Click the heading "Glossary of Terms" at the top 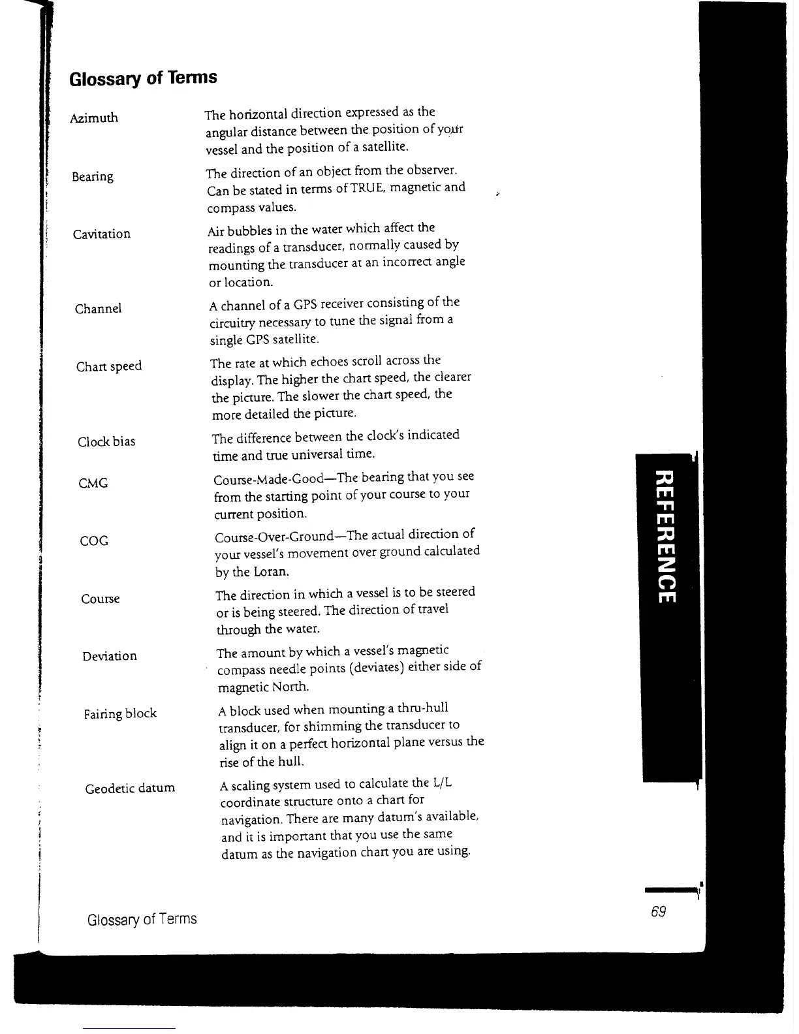pos(142,78)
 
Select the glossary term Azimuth pos(94,118)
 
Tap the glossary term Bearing pos(93,177)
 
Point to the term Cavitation pos(102,234)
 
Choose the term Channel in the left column pos(99,309)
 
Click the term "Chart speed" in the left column pos(109,366)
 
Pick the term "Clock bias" pos(106,442)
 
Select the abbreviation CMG pos(93,484)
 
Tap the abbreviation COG pos(93,541)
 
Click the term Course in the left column pos(101,599)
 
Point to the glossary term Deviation pos(110,657)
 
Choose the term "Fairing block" pos(120,714)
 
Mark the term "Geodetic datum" pos(130,789)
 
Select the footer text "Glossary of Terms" pos(142,920)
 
